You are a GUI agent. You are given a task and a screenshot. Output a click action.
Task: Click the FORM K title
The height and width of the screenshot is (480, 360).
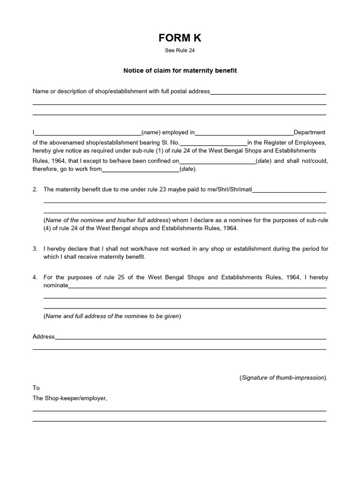point(180,38)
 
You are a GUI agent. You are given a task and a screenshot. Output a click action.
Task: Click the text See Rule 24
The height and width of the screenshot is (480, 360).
point(180,51)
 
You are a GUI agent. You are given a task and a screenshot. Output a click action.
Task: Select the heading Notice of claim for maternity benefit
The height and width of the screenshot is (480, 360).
point(180,71)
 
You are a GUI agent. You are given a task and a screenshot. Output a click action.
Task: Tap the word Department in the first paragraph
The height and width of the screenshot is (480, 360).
point(309,133)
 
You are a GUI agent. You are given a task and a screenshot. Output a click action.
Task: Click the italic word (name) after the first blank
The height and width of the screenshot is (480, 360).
point(151,133)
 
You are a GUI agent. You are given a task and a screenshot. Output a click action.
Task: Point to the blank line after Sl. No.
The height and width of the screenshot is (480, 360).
point(213,143)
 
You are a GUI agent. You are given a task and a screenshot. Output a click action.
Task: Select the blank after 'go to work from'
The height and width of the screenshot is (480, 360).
point(141,169)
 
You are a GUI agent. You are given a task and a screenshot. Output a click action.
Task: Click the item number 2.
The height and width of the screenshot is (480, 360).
point(35,189)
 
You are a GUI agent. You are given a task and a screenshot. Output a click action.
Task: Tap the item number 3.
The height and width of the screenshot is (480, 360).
point(35,248)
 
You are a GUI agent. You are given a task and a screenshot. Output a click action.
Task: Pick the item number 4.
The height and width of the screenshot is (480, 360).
point(35,277)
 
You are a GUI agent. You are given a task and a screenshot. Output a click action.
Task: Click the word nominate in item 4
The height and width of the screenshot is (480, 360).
point(56,285)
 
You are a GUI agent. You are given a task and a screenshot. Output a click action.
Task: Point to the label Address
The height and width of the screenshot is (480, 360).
point(44,337)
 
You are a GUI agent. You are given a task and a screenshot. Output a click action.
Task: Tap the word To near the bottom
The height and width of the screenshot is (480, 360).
point(36,388)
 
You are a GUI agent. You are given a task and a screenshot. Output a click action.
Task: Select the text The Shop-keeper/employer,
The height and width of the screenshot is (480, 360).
point(70,398)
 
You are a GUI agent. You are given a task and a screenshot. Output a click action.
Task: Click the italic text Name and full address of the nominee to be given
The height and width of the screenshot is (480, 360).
point(112,316)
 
